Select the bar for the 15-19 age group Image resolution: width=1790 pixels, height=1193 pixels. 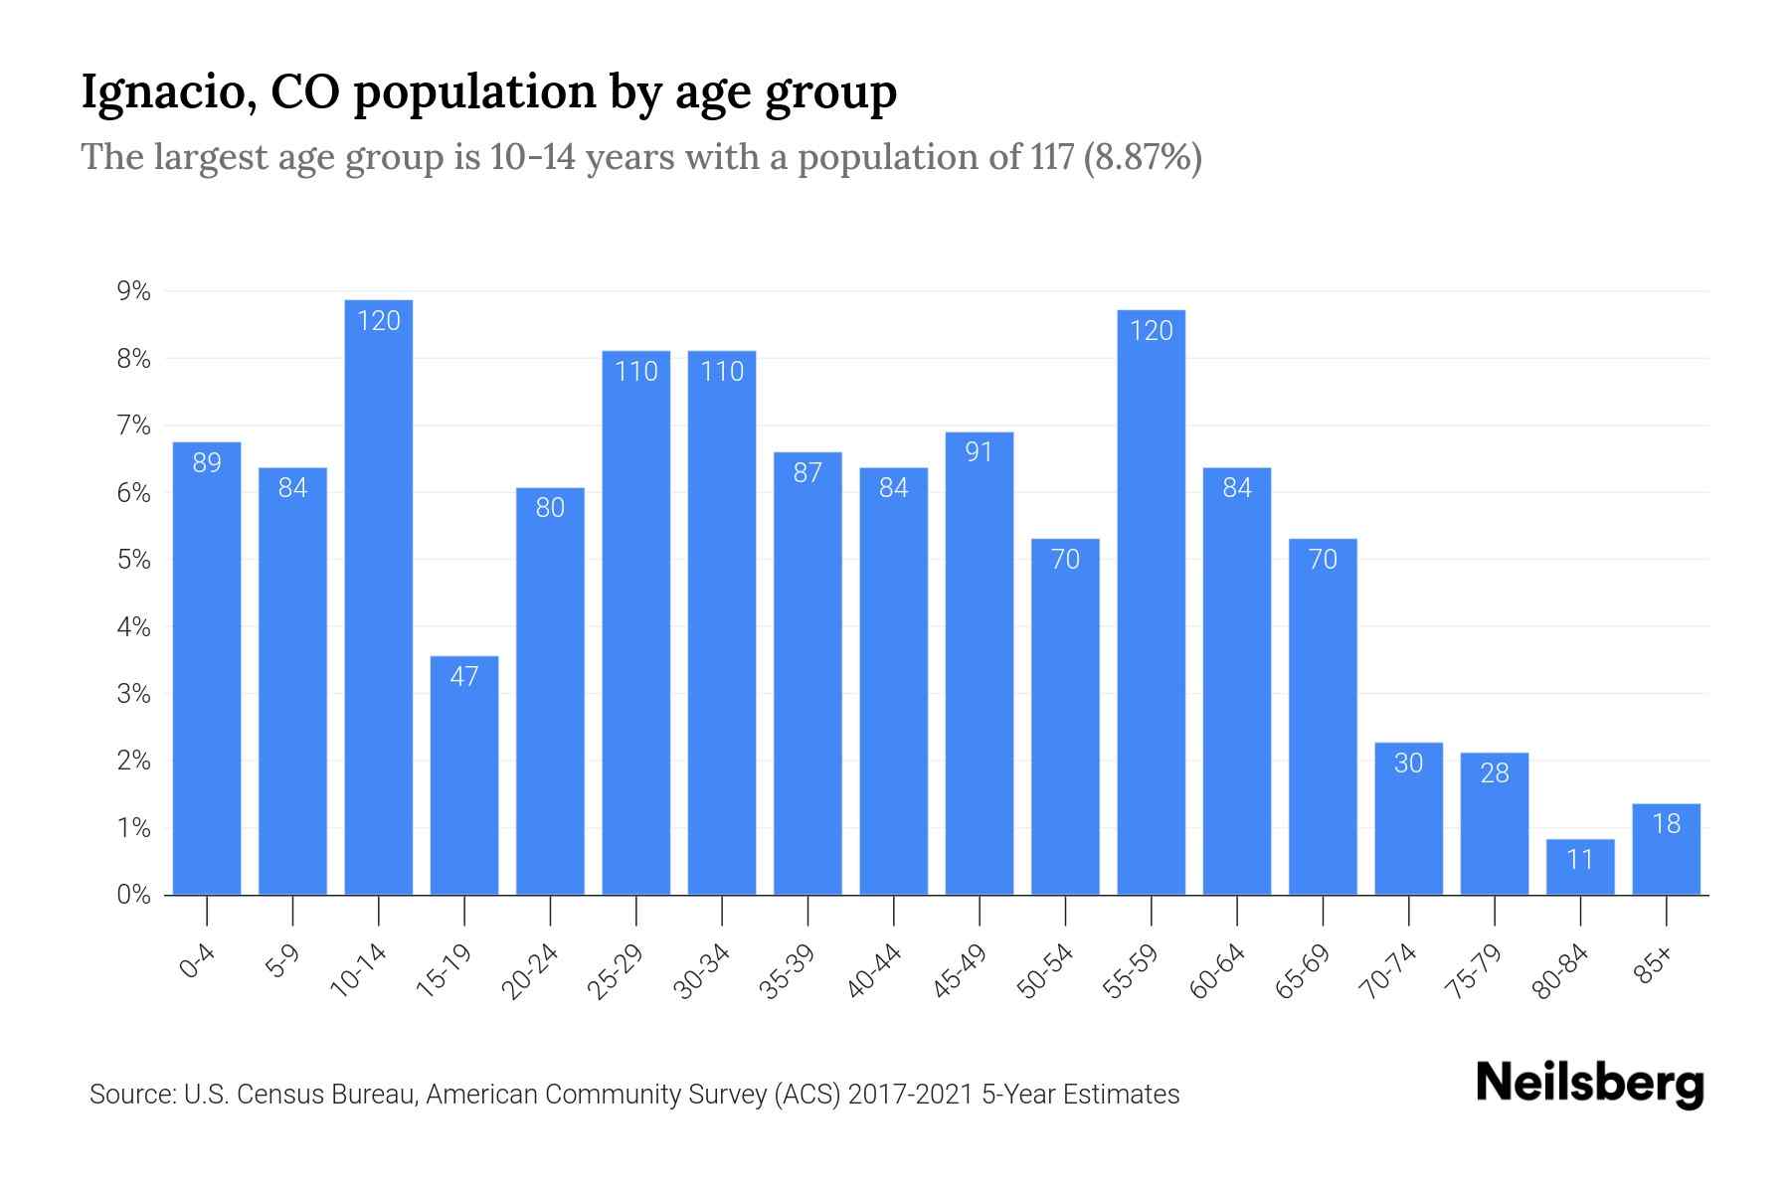tap(464, 775)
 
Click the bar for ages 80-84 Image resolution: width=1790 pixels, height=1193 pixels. tap(1580, 868)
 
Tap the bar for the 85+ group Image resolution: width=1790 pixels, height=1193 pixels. tap(1666, 850)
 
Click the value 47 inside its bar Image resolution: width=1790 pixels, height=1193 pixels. tap(464, 677)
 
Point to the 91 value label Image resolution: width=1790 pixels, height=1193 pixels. tap(980, 452)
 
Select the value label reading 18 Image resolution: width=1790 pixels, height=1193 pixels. tap(1666, 823)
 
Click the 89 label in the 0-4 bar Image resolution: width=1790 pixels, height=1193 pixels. tap(207, 462)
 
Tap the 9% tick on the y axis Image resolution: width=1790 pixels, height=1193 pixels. tap(134, 291)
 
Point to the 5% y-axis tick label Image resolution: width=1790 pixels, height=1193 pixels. tap(134, 560)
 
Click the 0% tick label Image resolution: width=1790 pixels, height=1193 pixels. tap(134, 895)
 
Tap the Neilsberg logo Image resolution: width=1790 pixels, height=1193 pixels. tap(1589, 1084)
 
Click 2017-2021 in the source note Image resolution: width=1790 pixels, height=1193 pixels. tap(911, 1095)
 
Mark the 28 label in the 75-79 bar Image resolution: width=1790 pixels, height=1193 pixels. tap(1495, 772)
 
